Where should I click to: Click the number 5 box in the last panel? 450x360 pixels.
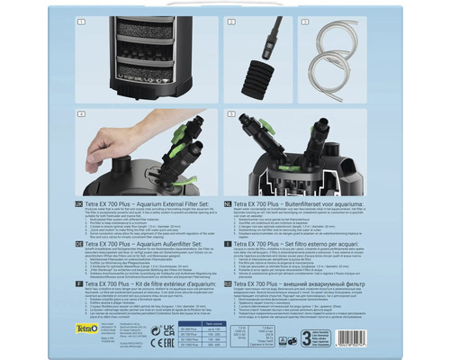coord(230,114)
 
